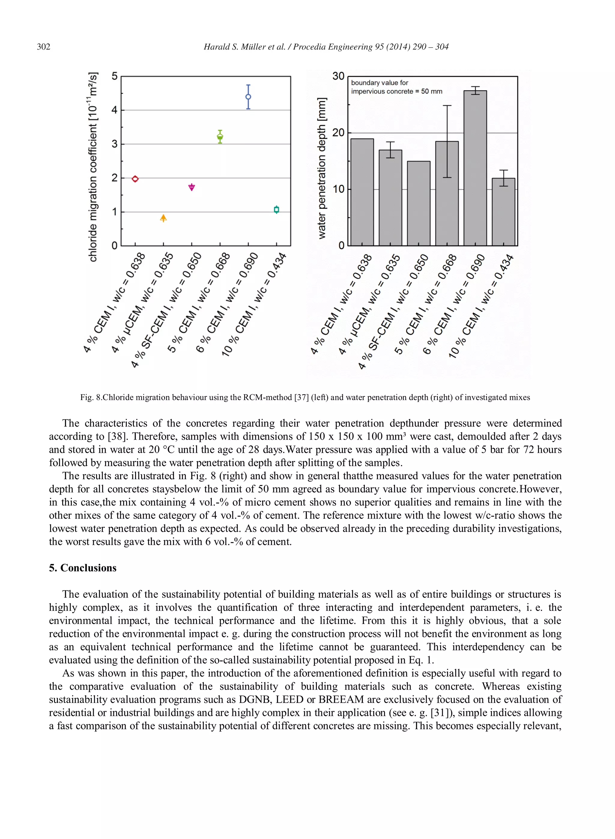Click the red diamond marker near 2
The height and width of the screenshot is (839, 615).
click(135, 179)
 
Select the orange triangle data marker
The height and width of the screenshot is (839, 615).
click(163, 218)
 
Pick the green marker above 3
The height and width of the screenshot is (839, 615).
click(220, 137)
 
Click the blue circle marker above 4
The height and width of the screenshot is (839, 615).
click(248, 97)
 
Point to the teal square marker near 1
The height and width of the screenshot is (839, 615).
click(276, 210)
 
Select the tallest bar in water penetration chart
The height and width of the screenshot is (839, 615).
click(475, 168)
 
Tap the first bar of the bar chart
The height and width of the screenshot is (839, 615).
click(362, 192)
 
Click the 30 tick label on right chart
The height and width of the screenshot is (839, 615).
click(338, 76)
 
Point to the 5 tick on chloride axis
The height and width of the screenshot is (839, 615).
click(114, 76)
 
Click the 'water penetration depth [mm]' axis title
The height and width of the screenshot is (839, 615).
click(322, 168)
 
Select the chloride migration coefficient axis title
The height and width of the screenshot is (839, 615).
click(93, 167)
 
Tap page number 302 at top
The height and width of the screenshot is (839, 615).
click(44, 47)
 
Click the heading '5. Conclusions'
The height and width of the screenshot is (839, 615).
click(83, 568)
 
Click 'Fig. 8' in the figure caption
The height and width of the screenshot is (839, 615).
click(90, 397)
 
